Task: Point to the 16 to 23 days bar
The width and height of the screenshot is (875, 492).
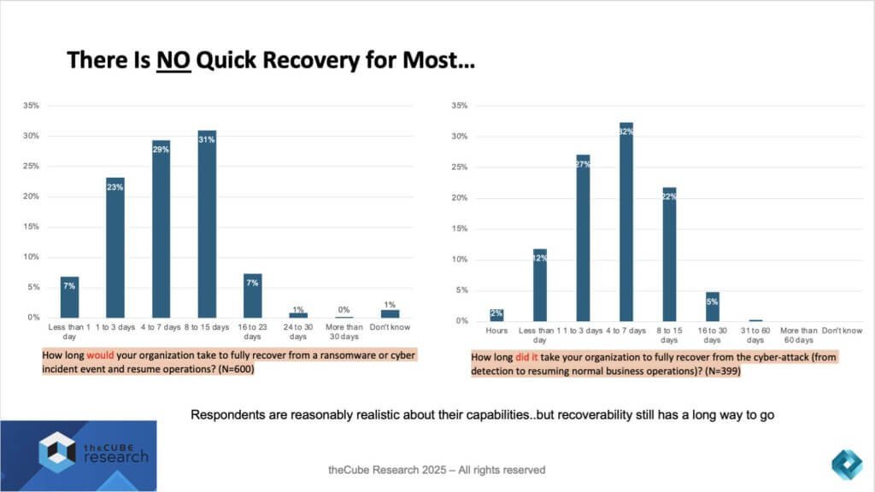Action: pyautogui.click(x=253, y=296)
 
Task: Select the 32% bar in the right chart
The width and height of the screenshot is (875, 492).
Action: pyautogui.click(x=625, y=222)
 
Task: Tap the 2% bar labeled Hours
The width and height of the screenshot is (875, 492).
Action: pyautogui.click(x=496, y=315)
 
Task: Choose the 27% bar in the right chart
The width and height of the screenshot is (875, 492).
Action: pyautogui.click(x=583, y=238)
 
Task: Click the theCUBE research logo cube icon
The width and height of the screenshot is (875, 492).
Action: pyautogui.click(x=58, y=451)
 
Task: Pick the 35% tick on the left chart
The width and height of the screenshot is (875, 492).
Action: pyautogui.click(x=32, y=106)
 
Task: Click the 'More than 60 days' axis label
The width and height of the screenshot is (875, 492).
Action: pyautogui.click(x=798, y=335)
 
